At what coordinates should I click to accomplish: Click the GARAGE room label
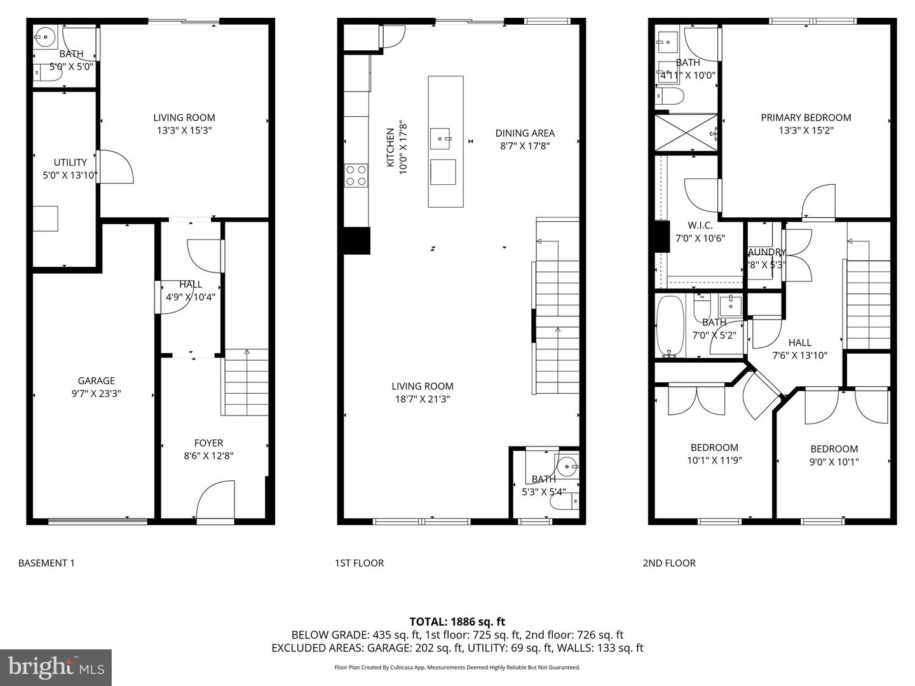[97, 380]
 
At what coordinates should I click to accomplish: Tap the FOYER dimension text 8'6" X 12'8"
[208, 455]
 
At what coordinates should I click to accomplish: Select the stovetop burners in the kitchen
[356, 175]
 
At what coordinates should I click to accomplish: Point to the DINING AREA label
[525, 133]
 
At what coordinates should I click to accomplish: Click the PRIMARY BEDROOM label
[806, 118]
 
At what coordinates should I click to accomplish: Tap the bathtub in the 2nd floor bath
[670, 326]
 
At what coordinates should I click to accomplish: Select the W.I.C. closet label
[700, 225]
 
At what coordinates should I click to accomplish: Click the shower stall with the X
[686, 133]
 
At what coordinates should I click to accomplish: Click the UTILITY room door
[114, 166]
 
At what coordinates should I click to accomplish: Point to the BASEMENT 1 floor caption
[46, 563]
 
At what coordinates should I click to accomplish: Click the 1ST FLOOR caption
[359, 563]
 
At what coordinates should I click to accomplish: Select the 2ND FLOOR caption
[668, 563]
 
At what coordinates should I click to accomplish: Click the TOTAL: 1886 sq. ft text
[457, 622]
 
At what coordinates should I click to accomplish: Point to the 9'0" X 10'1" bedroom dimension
[834, 462]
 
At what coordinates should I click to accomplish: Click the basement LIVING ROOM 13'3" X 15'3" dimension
[184, 130]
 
